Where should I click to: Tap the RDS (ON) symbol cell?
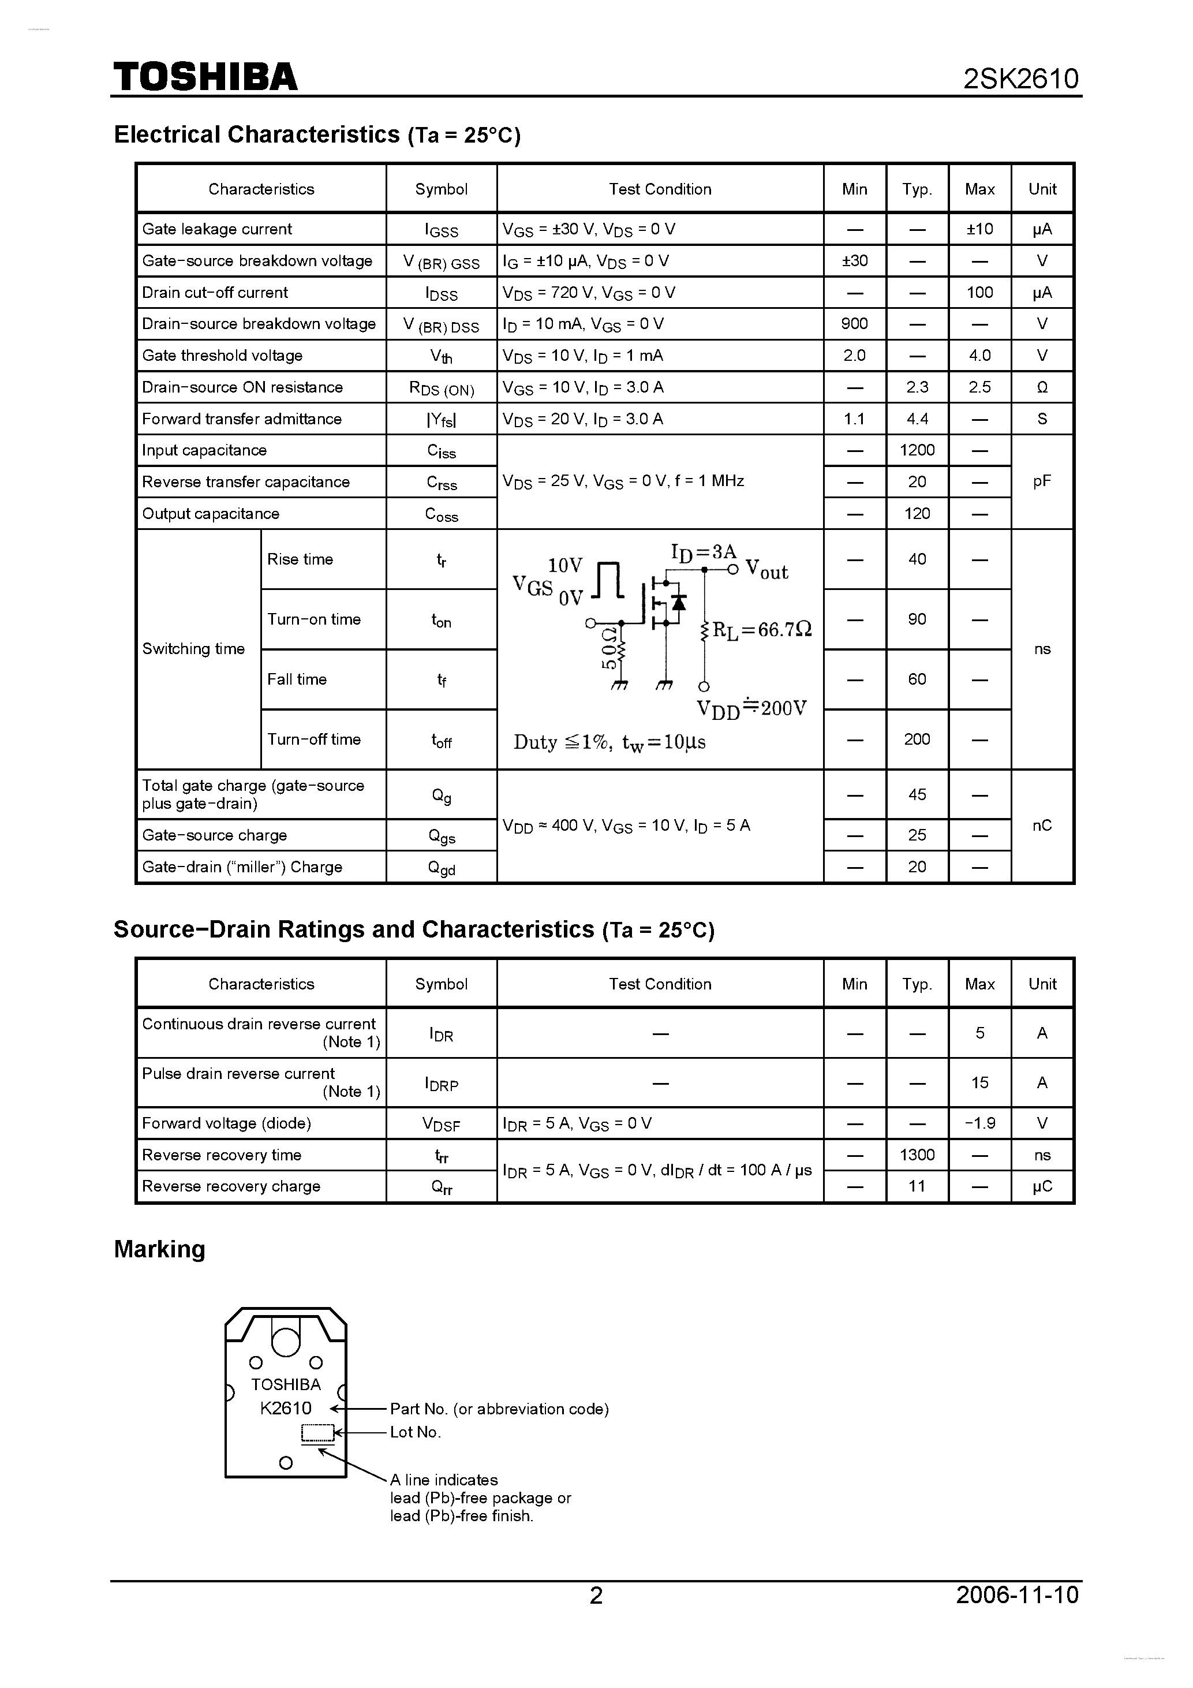point(441,388)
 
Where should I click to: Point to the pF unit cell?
point(1042,481)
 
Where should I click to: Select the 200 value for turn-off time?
point(917,740)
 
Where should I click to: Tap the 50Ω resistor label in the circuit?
point(609,648)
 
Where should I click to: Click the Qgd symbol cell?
point(441,868)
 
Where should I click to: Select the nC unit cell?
point(1042,826)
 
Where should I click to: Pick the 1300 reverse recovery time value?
point(917,1155)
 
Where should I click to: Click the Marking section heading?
point(159,1249)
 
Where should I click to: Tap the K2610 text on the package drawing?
point(285,1409)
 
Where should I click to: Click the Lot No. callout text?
point(416,1432)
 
